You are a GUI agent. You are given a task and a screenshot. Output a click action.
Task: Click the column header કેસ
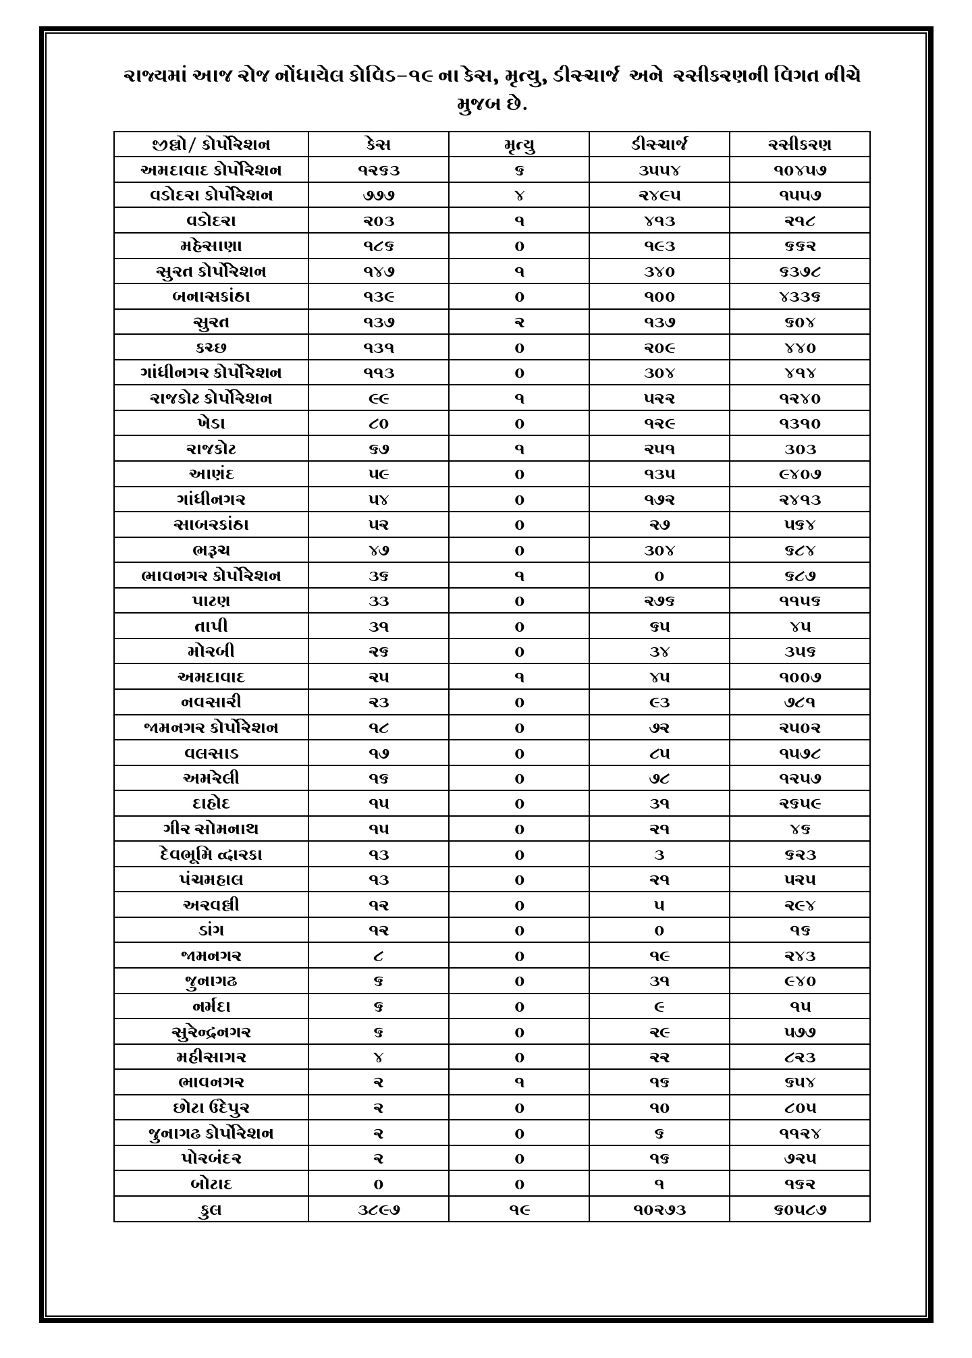(378, 144)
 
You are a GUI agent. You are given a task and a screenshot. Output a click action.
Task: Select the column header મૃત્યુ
(518, 145)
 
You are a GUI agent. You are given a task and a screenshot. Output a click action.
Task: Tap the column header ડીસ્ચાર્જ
(659, 144)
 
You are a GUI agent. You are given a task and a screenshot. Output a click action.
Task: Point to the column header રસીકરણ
(799, 144)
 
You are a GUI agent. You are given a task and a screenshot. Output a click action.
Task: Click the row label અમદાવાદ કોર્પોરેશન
(211, 170)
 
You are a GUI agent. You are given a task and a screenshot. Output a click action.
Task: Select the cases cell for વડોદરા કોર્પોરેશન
(378, 196)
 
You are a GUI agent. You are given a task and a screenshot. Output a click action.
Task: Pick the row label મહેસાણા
(211, 246)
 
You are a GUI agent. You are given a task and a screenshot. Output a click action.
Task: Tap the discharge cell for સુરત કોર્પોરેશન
(659, 272)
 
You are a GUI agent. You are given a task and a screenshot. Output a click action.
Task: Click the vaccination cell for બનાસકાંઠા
(799, 297)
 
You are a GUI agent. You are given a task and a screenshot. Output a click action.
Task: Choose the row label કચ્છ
(211, 348)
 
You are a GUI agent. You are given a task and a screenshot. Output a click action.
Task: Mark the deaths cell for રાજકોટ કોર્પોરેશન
(518, 399)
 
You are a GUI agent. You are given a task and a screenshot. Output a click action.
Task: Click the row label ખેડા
(211, 424)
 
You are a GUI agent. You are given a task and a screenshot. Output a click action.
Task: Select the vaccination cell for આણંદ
(799, 474)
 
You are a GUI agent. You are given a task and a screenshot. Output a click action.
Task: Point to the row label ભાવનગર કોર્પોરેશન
(211, 576)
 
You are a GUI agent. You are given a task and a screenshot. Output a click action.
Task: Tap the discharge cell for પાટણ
(659, 601)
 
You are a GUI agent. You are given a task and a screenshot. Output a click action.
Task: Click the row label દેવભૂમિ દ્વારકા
(211, 854)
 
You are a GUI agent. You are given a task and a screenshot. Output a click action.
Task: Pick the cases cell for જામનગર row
(378, 956)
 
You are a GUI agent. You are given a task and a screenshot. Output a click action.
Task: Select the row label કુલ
(211, 1210)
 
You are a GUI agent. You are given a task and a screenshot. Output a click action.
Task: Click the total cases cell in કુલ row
(378, 1210)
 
